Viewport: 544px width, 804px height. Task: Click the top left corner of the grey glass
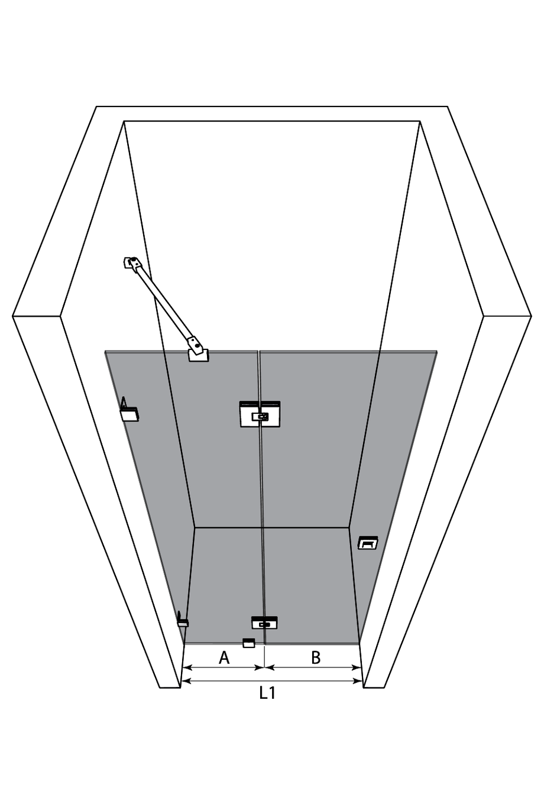(x=105, y=351)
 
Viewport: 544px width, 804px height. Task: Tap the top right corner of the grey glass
(x=437, y=351)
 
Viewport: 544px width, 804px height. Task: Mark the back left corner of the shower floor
(x=195, y=527)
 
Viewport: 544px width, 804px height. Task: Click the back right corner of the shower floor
(x=349, y=527)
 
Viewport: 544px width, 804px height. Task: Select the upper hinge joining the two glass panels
(x=260, y=414)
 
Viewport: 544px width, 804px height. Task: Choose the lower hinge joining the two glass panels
(x=264, y=623)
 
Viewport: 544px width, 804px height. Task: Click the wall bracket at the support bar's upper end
(x=131, y=262)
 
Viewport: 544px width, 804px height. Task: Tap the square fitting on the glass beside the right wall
(x=368, y=543)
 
